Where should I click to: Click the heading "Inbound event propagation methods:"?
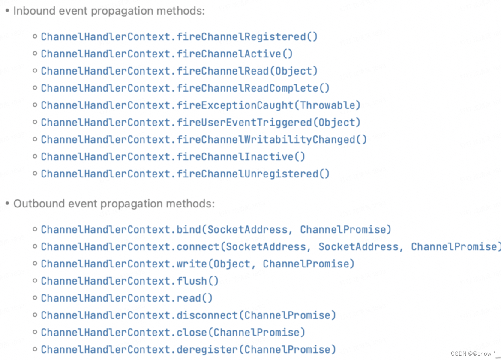click(x=109, y=11)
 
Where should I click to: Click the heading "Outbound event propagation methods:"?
click(x=114, y=204)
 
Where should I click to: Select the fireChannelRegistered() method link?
click(x=179, y=37)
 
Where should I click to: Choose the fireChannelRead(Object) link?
click(x=179, y=71)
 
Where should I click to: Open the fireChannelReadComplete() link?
click(x=185, y=88)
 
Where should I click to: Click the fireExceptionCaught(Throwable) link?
click(x=201, y=105)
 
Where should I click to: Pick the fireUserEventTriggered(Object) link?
click(x=201, y=123)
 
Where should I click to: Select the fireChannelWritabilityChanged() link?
click(x=204, y=140)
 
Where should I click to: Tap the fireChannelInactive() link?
click(x=173, y=157)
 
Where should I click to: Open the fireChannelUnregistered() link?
click(x=185, y=174)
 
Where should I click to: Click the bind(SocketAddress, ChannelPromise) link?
click(x=216, y=230)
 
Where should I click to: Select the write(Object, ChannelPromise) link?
click(x=198, y=264)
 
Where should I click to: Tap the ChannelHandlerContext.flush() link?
click(x=130, y=281)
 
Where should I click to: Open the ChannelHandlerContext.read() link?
click(x=127, y=298)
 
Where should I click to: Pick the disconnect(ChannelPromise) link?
click(x=189, y=315)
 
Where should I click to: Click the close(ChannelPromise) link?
click(x=173, y=333)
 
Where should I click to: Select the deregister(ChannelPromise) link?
click(x=189, y=350)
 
